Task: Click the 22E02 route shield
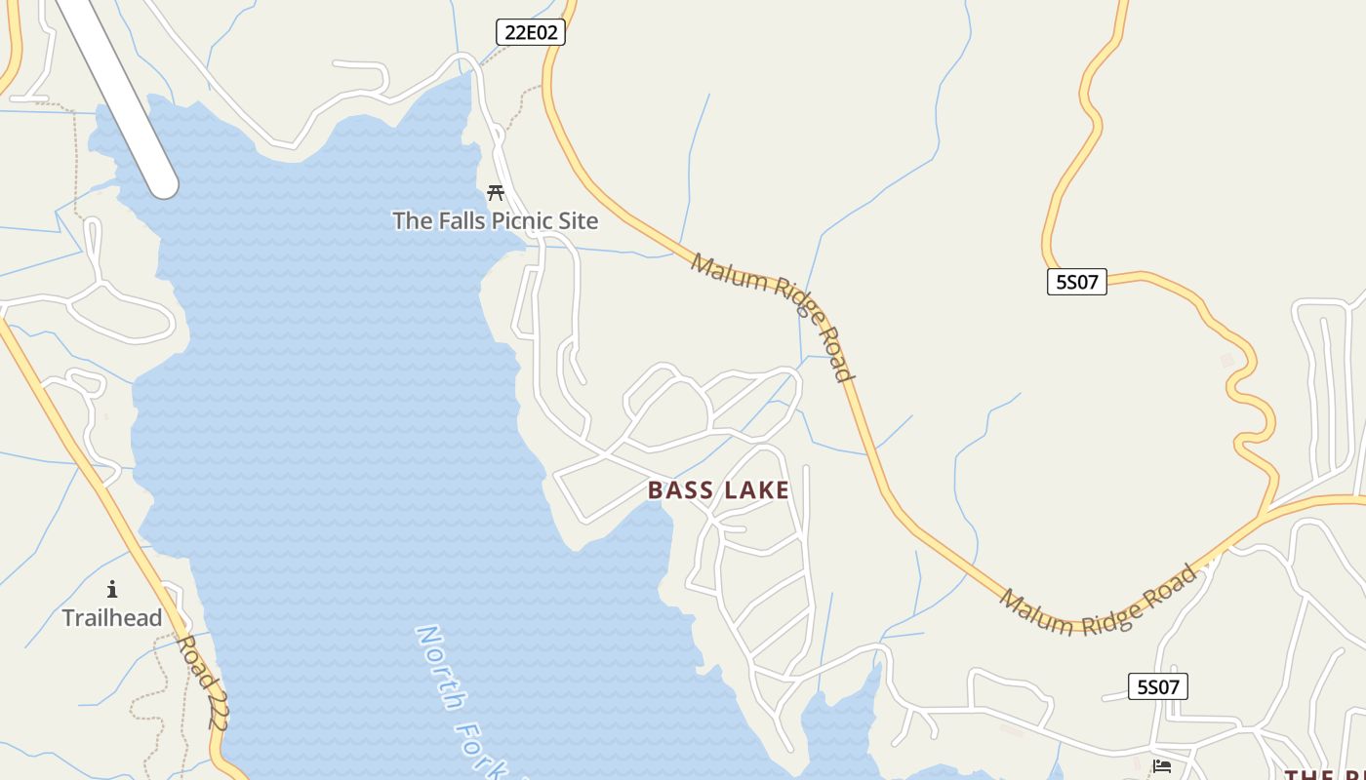click(531, 32)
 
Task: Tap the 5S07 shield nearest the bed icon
click(1158, 686)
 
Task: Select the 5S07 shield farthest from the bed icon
click(1077, 283)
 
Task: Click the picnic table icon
click(496, 192)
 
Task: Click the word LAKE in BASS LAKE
click(754, 490)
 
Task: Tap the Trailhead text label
click(112, 617)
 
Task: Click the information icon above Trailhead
click(112, 589)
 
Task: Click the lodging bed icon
click(1161, 766)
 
